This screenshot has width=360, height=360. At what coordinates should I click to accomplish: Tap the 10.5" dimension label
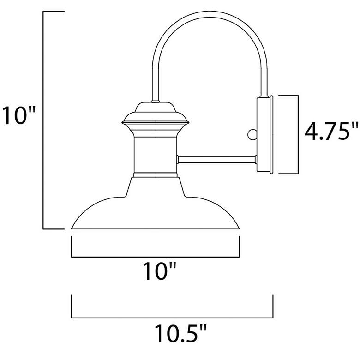coord(180,333)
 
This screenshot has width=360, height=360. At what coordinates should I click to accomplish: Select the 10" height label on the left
coord(19,115)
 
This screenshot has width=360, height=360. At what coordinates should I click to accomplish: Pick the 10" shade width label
coord(160,271)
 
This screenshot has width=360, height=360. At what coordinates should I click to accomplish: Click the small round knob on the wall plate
coord(252,135)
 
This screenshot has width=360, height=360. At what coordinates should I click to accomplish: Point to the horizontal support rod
coord(217,160)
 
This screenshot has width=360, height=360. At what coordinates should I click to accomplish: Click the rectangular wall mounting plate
coord(265,135)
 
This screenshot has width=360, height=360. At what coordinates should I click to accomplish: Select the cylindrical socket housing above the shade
coord(156,155)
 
